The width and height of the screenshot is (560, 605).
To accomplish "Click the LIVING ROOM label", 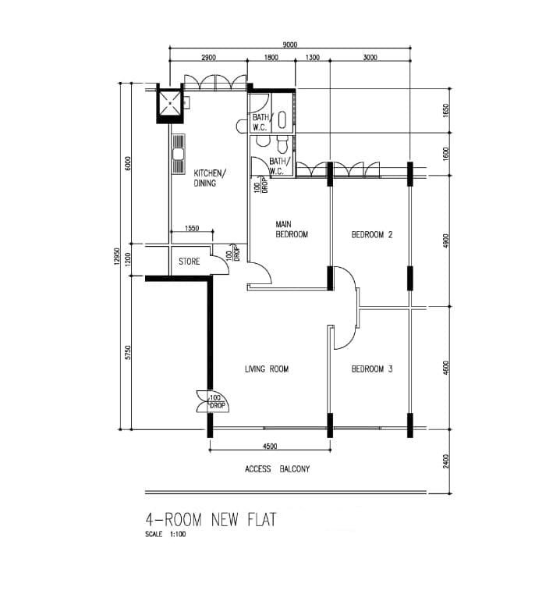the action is point(267,369).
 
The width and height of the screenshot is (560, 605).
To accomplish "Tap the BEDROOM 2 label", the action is point(372,235).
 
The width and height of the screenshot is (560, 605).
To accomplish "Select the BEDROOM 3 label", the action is point(372,369).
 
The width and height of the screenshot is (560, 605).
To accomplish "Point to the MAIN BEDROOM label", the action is point(292,230).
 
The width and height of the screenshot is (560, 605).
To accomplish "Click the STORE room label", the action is point(190,262).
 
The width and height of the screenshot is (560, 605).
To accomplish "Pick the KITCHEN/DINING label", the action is point(210,178).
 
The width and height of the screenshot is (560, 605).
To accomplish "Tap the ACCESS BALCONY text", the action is point(277,469).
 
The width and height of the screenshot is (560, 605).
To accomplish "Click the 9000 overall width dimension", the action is point(290,44).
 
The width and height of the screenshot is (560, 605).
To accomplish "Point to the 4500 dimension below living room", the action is point(270,447).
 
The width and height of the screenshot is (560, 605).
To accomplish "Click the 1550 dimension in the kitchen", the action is point(192,228).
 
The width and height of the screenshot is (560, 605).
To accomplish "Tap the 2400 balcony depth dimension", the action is point(446,461).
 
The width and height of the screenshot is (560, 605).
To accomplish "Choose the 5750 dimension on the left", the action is point(129,352).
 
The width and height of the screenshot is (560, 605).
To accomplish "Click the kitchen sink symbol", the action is point(178,155).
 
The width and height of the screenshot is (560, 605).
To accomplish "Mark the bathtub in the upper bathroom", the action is point(282,120).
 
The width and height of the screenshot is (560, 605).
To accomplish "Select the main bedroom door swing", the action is point(261,273).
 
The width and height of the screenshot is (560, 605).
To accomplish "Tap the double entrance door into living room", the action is point(213,401).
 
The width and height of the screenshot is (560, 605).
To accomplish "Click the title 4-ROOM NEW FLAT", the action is point(211,520).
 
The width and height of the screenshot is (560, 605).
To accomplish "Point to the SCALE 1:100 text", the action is point(165,535).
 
